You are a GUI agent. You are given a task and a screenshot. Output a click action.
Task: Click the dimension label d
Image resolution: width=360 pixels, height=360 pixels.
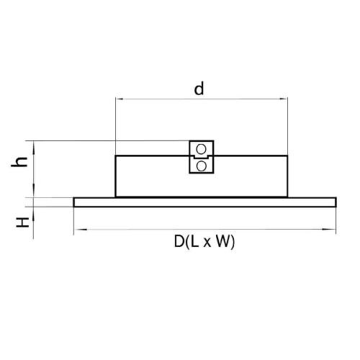[x=199, y=89]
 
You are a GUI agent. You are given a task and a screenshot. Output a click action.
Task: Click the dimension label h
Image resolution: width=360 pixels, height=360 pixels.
[x=19, y=162]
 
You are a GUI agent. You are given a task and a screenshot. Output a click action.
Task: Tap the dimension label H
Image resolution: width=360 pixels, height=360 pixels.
[x=22, y=222]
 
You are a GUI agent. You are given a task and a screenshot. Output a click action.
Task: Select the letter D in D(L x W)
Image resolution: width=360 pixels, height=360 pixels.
[x=179, y=241]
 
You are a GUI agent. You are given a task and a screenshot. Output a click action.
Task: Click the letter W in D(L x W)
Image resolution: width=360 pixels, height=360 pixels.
[x=223, y=241]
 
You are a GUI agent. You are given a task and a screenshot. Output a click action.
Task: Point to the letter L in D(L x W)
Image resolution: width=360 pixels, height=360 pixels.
[x=195, y=241]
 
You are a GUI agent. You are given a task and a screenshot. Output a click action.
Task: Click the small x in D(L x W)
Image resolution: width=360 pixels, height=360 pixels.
[x=207, y=243]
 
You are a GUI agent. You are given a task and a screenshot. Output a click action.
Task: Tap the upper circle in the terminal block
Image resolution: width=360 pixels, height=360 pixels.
[x=201, y=149]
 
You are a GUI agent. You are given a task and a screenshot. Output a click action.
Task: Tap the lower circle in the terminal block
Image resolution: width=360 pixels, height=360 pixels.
[x=201, y=166]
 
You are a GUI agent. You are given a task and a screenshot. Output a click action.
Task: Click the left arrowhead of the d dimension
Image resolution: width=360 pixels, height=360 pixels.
[x=120, y=99]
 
